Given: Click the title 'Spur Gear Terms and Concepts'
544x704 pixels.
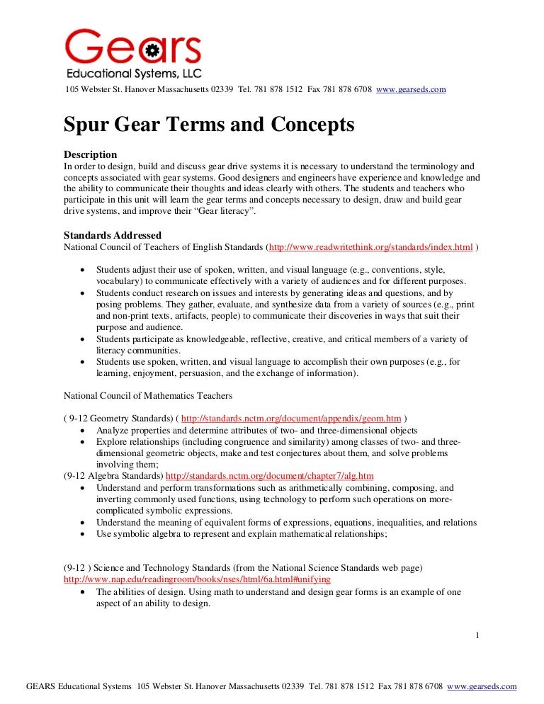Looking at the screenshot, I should (209, 125).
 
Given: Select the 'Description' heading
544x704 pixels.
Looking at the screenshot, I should (90, 154).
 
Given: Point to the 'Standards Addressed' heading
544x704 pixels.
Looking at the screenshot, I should (113, 235).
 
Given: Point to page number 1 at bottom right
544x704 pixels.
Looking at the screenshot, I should (478, 636).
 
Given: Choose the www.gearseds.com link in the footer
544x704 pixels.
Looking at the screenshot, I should (482, 686).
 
